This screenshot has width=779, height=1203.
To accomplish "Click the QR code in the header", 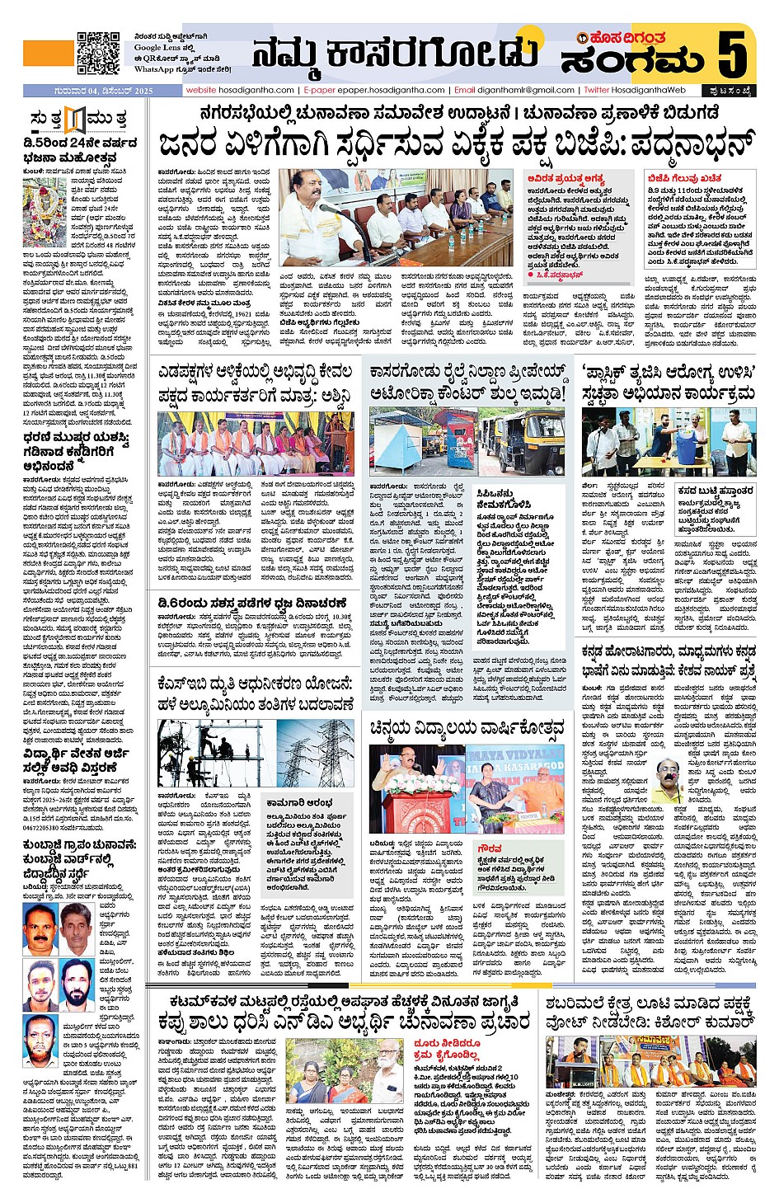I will click(98, 54).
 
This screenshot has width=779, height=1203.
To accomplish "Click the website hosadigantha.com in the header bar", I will click(240, 90).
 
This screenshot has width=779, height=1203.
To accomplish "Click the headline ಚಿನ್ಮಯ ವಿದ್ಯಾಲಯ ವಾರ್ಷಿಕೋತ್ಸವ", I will click(467, 727).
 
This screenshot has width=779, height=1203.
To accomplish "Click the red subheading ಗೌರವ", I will click(490, 848).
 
